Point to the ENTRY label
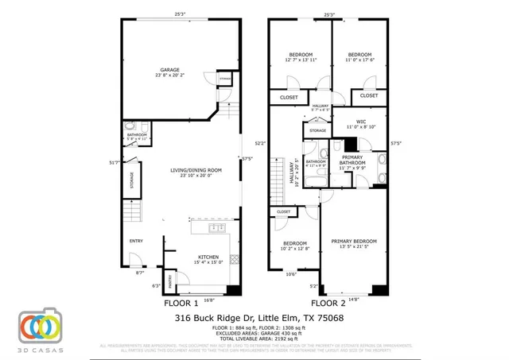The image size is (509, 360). pyautogui.click(x=136, y=242)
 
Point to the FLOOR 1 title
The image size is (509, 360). pyautogui.click(x=181, y=304)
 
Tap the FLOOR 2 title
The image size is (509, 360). pyautogui.click(x=328, y=304)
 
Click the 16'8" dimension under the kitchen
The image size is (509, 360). pyautogui.click(x=208, y=300)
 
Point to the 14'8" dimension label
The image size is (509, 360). pyautogui.click(x=354, y=299)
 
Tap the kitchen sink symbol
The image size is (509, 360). pyautogui.click(x=214, y=228)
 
